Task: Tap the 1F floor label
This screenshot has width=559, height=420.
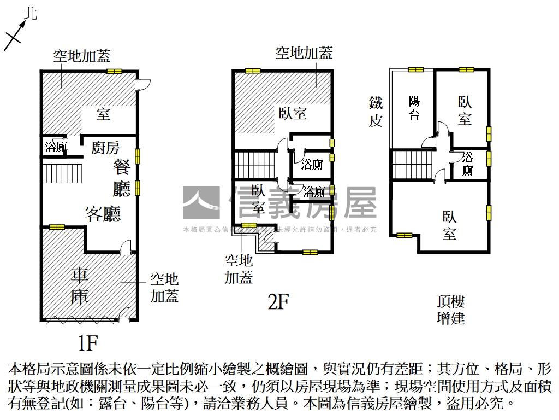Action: click(87, 343)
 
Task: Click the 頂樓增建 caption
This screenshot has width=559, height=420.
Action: click(450, 310)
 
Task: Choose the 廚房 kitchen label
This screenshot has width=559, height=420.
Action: click(105, 148)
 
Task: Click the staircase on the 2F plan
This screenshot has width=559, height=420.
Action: click(253, 165)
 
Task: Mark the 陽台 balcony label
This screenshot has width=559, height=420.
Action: click(414, 108)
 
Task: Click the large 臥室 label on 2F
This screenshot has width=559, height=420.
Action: click(293, 113)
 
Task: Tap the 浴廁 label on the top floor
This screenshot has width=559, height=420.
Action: click(467, 164)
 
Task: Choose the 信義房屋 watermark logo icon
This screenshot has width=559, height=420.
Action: click(200, 202)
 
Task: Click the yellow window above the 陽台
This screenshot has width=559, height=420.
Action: click(415, 69)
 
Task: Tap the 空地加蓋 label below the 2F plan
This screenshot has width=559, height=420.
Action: click(239, 269)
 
